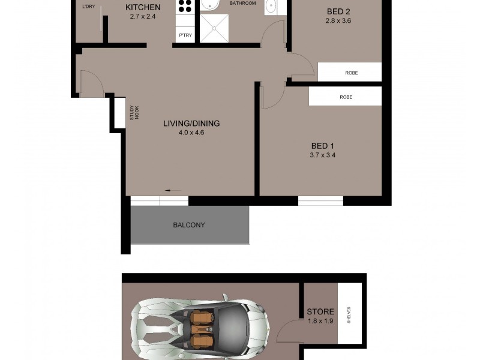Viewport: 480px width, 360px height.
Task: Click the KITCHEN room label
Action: tap(143, 7)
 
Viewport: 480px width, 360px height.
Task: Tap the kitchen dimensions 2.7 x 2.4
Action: tap(143, 16)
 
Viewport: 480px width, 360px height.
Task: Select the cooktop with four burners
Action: tap(185, 7)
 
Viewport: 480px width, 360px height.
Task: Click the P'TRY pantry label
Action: tap(185, 36)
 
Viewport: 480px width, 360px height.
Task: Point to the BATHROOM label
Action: tap(243, 4)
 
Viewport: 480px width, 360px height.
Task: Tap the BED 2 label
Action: tap(338, 11)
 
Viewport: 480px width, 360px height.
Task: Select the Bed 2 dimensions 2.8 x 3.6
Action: tap(338, 20)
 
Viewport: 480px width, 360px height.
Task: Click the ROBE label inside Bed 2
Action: tap(352, 73)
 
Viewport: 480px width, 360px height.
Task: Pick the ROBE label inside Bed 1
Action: tap(346, 97)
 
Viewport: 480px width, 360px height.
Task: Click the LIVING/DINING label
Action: tap(192, 124)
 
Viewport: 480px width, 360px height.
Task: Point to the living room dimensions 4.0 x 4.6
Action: tap(192, 133)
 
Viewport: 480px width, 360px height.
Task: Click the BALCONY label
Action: tap(189, 225)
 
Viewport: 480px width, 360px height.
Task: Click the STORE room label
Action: tap(320, 312)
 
